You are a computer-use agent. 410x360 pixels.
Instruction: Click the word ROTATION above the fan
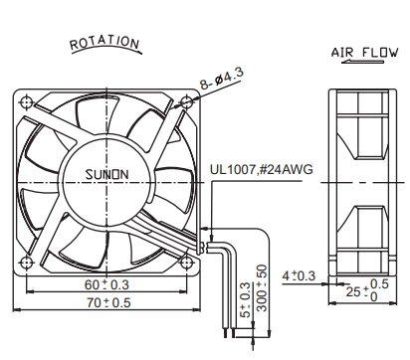pos(104,43)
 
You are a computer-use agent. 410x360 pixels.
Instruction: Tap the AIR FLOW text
pos(364,53)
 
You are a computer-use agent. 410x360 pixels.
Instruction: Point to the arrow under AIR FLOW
pos(362,62)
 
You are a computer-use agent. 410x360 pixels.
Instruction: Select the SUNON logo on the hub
pos(106,174)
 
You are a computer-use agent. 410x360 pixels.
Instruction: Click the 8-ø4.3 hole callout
pos(222,79)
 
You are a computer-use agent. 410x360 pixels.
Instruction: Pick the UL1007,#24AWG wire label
pos(261,169)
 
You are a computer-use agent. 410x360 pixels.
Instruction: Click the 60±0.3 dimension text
pos(106,284)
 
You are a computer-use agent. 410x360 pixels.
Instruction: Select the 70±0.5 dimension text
pos(108,302)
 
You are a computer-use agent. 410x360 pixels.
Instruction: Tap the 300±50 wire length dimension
pos(262,287)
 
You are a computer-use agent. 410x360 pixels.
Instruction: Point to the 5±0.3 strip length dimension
pos(245,299)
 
